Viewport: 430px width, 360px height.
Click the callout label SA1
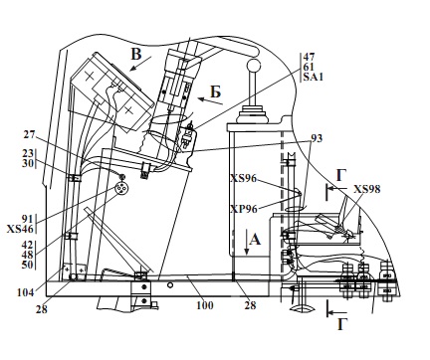tap(313, 77)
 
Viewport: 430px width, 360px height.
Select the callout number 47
tap(309, 57)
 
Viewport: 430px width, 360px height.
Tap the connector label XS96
tap(244, 178)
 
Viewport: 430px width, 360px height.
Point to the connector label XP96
tap(244, 209)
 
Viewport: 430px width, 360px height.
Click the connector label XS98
tap(366, 189)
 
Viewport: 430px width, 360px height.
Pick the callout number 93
tap(317, 138)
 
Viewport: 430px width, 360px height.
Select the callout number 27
tap(29, 134)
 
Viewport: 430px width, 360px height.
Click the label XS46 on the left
tap(20, 229)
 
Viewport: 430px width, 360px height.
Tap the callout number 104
tap(25, 292)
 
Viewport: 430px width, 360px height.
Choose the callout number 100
tap(205, 305)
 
